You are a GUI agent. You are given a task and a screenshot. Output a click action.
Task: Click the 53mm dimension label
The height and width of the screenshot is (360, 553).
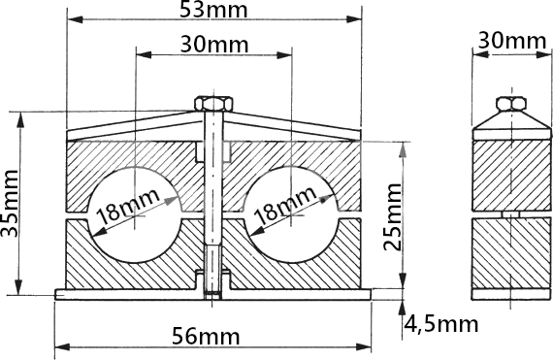pos(213,10)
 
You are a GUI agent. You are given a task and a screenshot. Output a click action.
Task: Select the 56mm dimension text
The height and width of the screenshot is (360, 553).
pos(206,336)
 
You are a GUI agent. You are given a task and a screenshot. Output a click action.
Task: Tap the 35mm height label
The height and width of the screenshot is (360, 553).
pos(10,204)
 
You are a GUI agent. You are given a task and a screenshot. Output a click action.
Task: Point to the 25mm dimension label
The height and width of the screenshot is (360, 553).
pos(393,216)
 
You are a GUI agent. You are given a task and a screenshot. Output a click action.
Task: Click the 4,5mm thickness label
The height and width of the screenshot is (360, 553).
pos(440,324)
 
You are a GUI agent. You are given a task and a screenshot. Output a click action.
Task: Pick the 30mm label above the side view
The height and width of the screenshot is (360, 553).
pos(512,41)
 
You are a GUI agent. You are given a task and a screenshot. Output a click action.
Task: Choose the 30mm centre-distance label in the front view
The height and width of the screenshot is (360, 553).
pos(214,45)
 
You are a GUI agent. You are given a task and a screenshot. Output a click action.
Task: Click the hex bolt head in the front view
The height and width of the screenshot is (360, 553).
pos(213,104)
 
